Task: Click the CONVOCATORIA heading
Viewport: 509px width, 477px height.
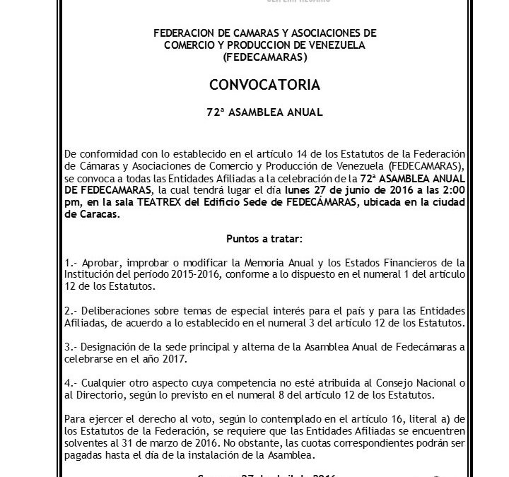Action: [x=264, y=86]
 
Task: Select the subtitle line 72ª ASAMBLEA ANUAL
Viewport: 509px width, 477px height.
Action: [x=265, y=112]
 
